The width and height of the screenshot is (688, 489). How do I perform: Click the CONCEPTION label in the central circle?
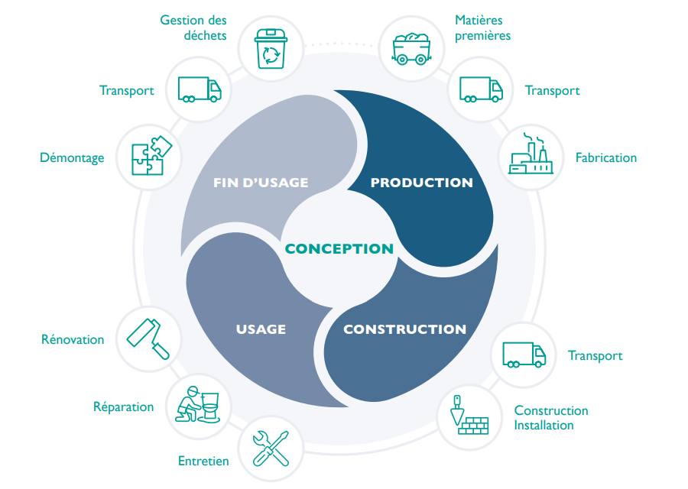point(339,248)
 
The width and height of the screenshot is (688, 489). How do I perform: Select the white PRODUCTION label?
point(421,183)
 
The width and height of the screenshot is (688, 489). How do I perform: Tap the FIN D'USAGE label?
point(260,183)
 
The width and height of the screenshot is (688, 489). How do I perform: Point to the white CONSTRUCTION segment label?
point(404,329)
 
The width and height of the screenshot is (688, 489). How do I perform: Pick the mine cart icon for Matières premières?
point(412,48)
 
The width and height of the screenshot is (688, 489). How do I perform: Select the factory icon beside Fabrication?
point(530,156)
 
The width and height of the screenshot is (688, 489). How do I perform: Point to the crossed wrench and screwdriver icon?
point(270,448)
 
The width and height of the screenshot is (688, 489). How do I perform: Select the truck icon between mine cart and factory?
point(481,89)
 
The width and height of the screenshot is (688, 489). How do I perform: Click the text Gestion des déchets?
point(193,28)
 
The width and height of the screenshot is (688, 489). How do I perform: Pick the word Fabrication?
point(605,157)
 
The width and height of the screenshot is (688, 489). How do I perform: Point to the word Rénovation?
point(73,339)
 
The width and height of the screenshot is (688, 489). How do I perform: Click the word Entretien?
point(203,461)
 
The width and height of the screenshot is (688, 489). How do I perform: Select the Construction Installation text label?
point(550,418)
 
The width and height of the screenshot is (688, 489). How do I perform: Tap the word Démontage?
point(72,157)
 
